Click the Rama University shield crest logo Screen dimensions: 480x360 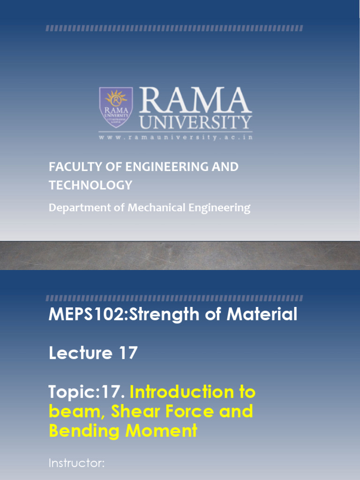click(x=116, y=107)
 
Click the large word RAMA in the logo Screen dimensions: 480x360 click(x=193, y=100)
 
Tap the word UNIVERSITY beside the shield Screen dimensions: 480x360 click(x=196, y=123)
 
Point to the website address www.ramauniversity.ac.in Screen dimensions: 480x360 click(x=175, y=137)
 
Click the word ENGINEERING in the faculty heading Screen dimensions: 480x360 click(x=162, y=167)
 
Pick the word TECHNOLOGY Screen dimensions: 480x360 click(x=90, y=185)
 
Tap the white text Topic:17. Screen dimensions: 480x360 click(x=87, y=392)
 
